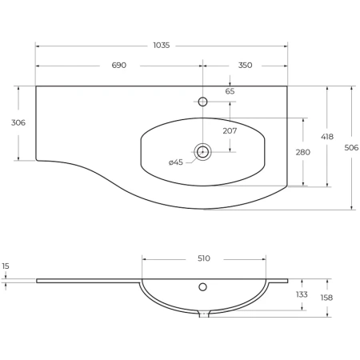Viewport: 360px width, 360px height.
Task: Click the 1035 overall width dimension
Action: pyautogui.click(x=162, y=46)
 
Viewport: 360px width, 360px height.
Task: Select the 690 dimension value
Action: pyautogui.click(x=119, y=65)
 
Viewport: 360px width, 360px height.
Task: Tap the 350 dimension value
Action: pyautogui.click(x=245, y=65)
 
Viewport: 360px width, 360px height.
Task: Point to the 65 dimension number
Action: pyautogui.click(x=230, y=91)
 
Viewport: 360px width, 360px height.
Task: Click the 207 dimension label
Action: pyautogui.click(x=230, y=130)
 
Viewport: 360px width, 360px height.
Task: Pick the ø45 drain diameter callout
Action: pyautogui.click(x=176, y=162)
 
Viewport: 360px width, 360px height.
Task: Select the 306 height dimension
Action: pyautogui.click(x=18, y=122)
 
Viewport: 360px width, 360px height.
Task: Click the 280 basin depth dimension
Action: pyautogui.click(x=303, y=152)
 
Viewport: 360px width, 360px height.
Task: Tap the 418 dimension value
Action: pyautogui.click(x=327, y=137)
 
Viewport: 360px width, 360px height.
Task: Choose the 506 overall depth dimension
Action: pyautogui.click(x=351, y=147)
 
